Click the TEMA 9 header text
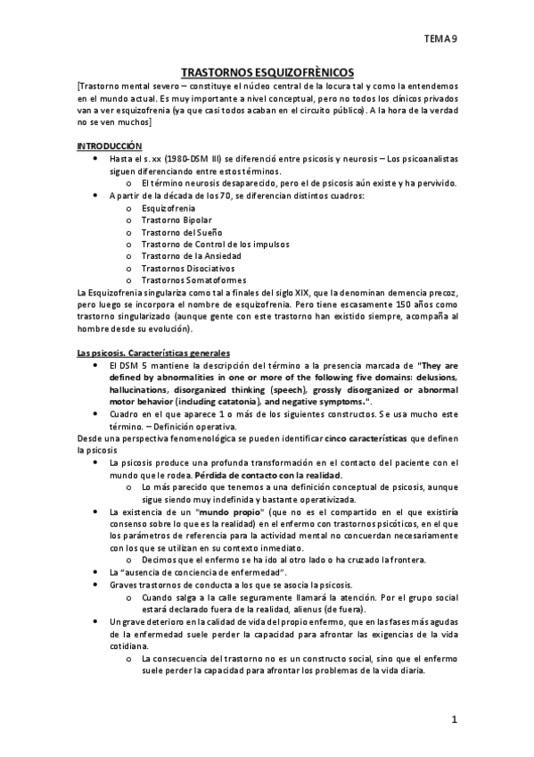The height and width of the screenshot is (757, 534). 440,39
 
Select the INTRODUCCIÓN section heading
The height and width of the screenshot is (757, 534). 109,145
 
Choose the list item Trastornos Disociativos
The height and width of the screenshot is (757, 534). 186,266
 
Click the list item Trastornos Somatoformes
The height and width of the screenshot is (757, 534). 188,279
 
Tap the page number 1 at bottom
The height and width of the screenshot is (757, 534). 454,719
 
